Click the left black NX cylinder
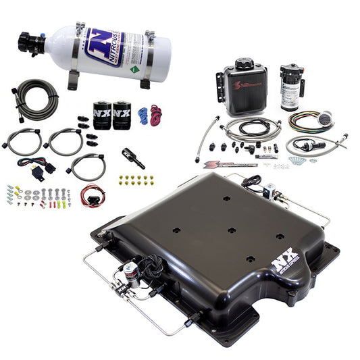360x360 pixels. pos(101,115)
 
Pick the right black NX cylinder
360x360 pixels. pos(122,115)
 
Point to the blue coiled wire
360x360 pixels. pos(143,114)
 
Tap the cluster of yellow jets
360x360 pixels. pos(136,180)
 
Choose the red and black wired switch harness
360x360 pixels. pos(92,195)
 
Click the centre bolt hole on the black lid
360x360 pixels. pos(231,230)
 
